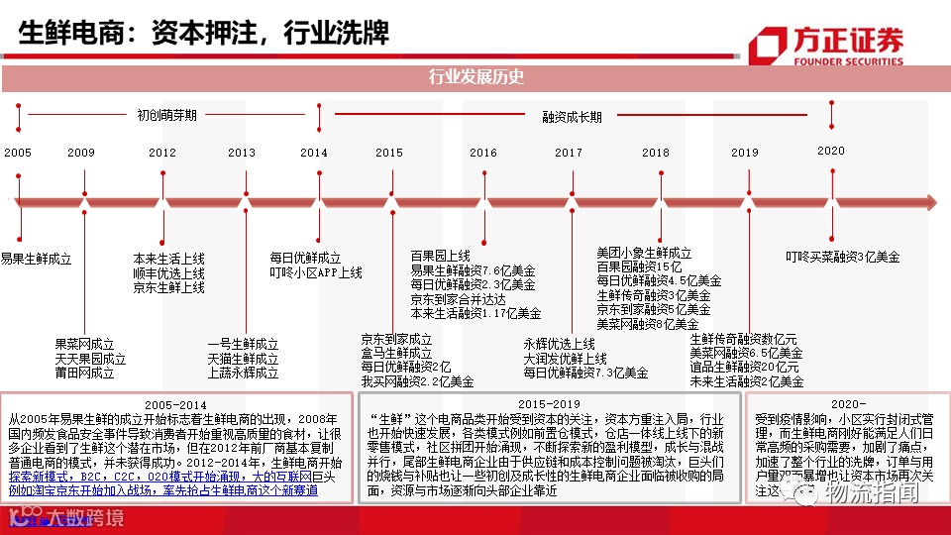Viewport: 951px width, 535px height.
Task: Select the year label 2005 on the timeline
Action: (x=18, y=153)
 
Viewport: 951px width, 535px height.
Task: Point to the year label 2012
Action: (x=162, y=153)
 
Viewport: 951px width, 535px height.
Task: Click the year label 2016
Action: (x=483, y=153)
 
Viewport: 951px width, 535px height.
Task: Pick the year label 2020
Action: (x=831, y=151)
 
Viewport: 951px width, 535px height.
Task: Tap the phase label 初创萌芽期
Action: (x=166, y=115)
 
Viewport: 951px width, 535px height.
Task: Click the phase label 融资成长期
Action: (x=572, y=116)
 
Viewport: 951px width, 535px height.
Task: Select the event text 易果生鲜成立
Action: (x=37, y=259)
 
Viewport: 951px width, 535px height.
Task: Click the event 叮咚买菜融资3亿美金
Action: (x=843, y=257)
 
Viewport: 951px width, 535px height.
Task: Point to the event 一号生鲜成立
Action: (x=243, y=344)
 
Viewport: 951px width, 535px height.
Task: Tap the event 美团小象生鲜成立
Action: (x=644, y=253)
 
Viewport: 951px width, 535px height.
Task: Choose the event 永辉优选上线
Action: (x=559, y=344)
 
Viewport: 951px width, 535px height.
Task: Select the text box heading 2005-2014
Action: (x=175, y=404)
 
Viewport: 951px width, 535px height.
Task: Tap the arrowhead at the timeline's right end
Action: (x=928, y=202)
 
